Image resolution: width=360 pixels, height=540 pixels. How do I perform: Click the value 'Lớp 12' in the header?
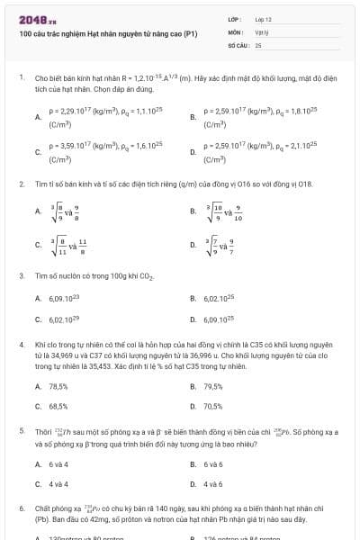click(x=264, y=18)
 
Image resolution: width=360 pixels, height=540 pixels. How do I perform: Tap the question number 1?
click(x=21, y=78)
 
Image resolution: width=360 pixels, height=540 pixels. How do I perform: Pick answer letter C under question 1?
click(x=38, y=151)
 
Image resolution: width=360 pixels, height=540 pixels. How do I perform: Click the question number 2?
click(x=21, y=184)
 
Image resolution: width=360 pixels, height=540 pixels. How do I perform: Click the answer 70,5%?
click(x=212, y=406)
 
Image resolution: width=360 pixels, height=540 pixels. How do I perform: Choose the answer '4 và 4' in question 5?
click(x=58, y=484)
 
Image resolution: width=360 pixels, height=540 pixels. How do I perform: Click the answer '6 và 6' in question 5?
click(x=212, y=464)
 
